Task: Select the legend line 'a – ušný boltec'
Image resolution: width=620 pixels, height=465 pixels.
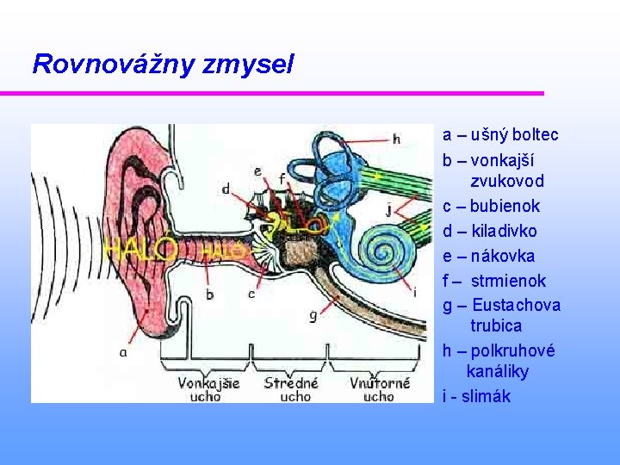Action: point(500,134)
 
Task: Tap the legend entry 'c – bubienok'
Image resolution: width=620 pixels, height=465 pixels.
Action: point(491,206)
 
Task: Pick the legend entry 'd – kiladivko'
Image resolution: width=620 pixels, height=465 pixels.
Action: point(489,231)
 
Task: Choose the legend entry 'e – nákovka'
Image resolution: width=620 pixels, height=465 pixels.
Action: point(488,256)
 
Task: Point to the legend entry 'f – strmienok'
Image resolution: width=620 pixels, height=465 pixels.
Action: point(494,281)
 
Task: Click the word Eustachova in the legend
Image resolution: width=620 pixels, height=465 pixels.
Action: point(517,305)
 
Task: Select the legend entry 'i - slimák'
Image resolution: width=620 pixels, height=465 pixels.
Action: point(476,396)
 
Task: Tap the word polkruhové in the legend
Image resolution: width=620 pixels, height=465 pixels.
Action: point(513,350)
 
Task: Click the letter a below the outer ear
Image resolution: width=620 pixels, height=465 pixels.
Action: point(124,351)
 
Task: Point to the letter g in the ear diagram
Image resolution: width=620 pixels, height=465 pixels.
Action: point(313,316)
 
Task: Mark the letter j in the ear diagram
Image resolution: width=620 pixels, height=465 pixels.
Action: point(389,208)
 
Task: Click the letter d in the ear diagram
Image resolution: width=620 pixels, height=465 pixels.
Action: point(226,189)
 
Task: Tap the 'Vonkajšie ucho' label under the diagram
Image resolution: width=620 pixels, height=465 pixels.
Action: point(208,390)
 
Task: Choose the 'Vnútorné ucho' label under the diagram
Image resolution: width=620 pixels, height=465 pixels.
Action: point(380,390)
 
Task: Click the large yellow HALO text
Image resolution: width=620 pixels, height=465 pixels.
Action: point(140,251)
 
